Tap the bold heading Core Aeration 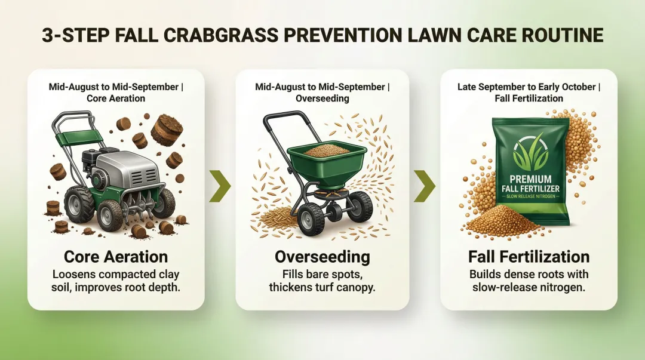coord(116,257)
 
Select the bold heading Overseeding coord(322,257)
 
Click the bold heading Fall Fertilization coord(529,257)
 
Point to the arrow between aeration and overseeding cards coord(219,186)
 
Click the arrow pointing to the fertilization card coord(425,186)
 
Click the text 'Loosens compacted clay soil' coord(116,275)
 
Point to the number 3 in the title coord(47,35)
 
